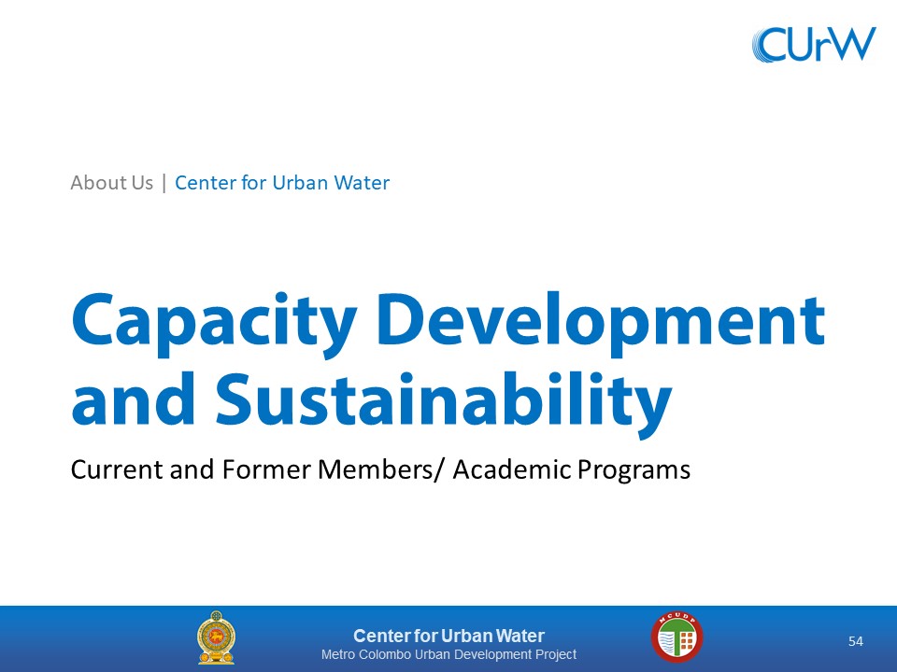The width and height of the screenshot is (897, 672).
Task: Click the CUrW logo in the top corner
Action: click(x=814, y=44)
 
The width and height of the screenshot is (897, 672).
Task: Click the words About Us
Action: click(x=111, y=183)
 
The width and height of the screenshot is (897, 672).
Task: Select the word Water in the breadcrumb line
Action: click(x=362, y=183)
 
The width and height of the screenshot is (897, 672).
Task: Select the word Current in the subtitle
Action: click(x=117, y=469)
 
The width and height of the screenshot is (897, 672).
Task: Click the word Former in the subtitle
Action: click(x=266, y=469)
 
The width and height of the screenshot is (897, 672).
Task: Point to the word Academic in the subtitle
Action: click(x=512, y=469)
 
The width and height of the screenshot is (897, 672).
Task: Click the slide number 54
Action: click(x=855, y=641)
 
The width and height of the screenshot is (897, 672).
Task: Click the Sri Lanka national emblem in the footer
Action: click(x=216, y=637)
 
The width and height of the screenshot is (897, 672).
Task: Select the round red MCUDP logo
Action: click(x=676, y=637)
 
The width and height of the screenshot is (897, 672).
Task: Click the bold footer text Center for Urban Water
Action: click(x=449, y=636)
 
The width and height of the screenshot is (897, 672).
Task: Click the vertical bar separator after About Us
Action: click(x=164, y=183)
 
